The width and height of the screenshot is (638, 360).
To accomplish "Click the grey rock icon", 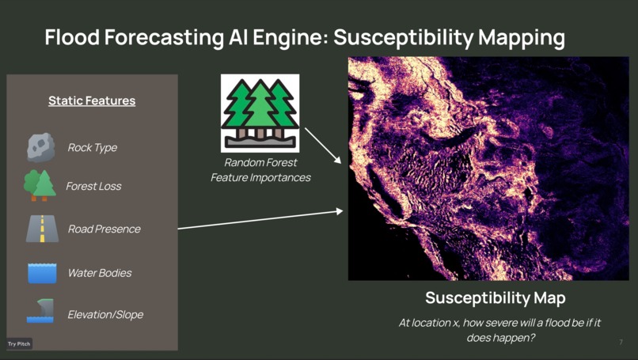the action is coord(40,148).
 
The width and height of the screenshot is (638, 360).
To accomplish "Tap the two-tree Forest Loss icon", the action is coord(40,185).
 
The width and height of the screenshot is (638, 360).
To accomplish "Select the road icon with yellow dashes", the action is coord(42,229).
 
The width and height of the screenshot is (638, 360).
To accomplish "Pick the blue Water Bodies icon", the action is coord(42,272).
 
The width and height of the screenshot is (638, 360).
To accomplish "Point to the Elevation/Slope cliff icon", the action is coord(40,311).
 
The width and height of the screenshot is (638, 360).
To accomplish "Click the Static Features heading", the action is coord(92,101).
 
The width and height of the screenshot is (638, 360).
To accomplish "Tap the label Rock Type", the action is coord(93,148).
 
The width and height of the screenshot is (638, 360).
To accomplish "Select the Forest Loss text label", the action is coord(93,186).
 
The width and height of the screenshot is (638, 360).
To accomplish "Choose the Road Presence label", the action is coord(104,229).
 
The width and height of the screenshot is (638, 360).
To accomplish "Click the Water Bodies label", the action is coord(100,273).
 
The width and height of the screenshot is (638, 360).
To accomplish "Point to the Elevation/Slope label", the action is coord(105,314).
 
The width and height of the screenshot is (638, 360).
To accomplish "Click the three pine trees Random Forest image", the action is coord(260,113).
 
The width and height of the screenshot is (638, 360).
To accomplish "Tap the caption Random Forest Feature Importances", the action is coord(260,170).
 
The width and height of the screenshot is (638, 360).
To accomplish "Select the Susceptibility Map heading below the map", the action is coord(496,298).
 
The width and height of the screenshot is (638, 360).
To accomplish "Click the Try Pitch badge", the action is coord(19,343).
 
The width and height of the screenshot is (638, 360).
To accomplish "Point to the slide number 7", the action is coord(621,342).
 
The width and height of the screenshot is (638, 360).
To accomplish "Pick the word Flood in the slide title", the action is coord(72,37).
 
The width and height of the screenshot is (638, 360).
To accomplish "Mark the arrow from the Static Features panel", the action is coord(260,220).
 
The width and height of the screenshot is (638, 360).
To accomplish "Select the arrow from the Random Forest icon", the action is coord(323,146).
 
